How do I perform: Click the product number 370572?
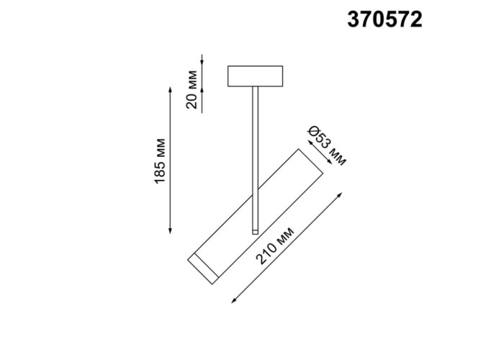(x=384, y=19)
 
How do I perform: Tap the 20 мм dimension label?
(x=192, y=89)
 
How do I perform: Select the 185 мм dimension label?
(x=160, y=161)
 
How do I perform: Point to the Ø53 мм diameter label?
(x=327, y=146)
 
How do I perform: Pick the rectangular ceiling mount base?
(x=255, y=76)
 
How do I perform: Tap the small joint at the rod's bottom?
(x=255, y=232)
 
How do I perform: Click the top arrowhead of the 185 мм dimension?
(x=170, y=89)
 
